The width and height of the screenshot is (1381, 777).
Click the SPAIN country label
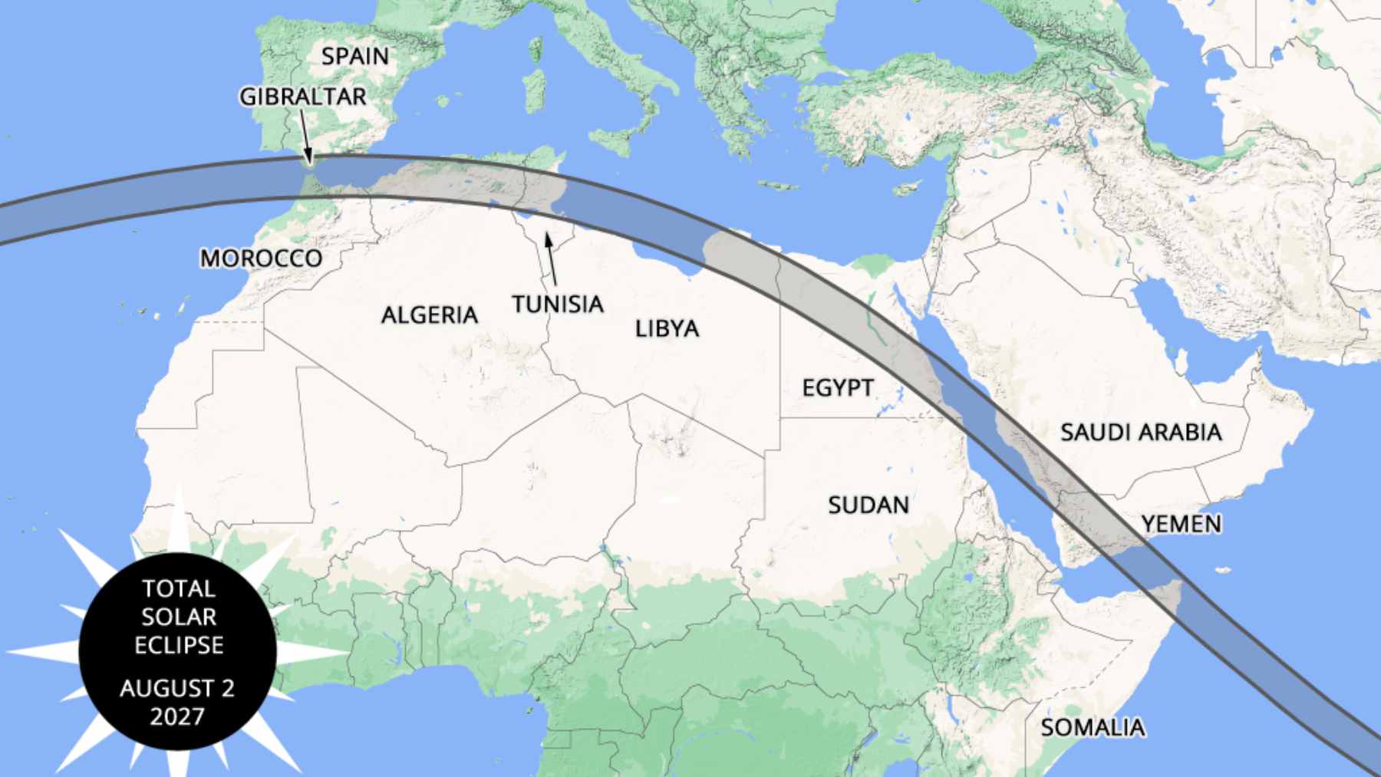[355, 56]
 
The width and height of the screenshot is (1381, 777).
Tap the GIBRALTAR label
[303, 97]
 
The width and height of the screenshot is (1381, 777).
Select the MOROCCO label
[261, 258]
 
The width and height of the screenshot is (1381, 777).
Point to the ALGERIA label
[430, 314]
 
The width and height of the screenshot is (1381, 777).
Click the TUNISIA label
[558, 305]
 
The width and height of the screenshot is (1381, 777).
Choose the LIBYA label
[667, 329]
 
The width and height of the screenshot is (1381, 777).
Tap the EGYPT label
[838, 387]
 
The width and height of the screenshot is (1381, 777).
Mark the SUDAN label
[868, 505]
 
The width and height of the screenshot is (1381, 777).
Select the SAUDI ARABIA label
[1141, 433]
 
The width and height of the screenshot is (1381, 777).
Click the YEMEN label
[1181, 525]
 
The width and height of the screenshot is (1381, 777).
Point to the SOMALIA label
[1093, 727]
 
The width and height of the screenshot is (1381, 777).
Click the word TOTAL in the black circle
[178, 589]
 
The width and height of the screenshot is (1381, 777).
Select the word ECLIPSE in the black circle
[179, 646]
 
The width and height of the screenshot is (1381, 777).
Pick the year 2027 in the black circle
[177, 717]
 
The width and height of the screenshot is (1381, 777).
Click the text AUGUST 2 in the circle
[177, 689]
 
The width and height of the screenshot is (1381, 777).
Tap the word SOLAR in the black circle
[178, 617]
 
